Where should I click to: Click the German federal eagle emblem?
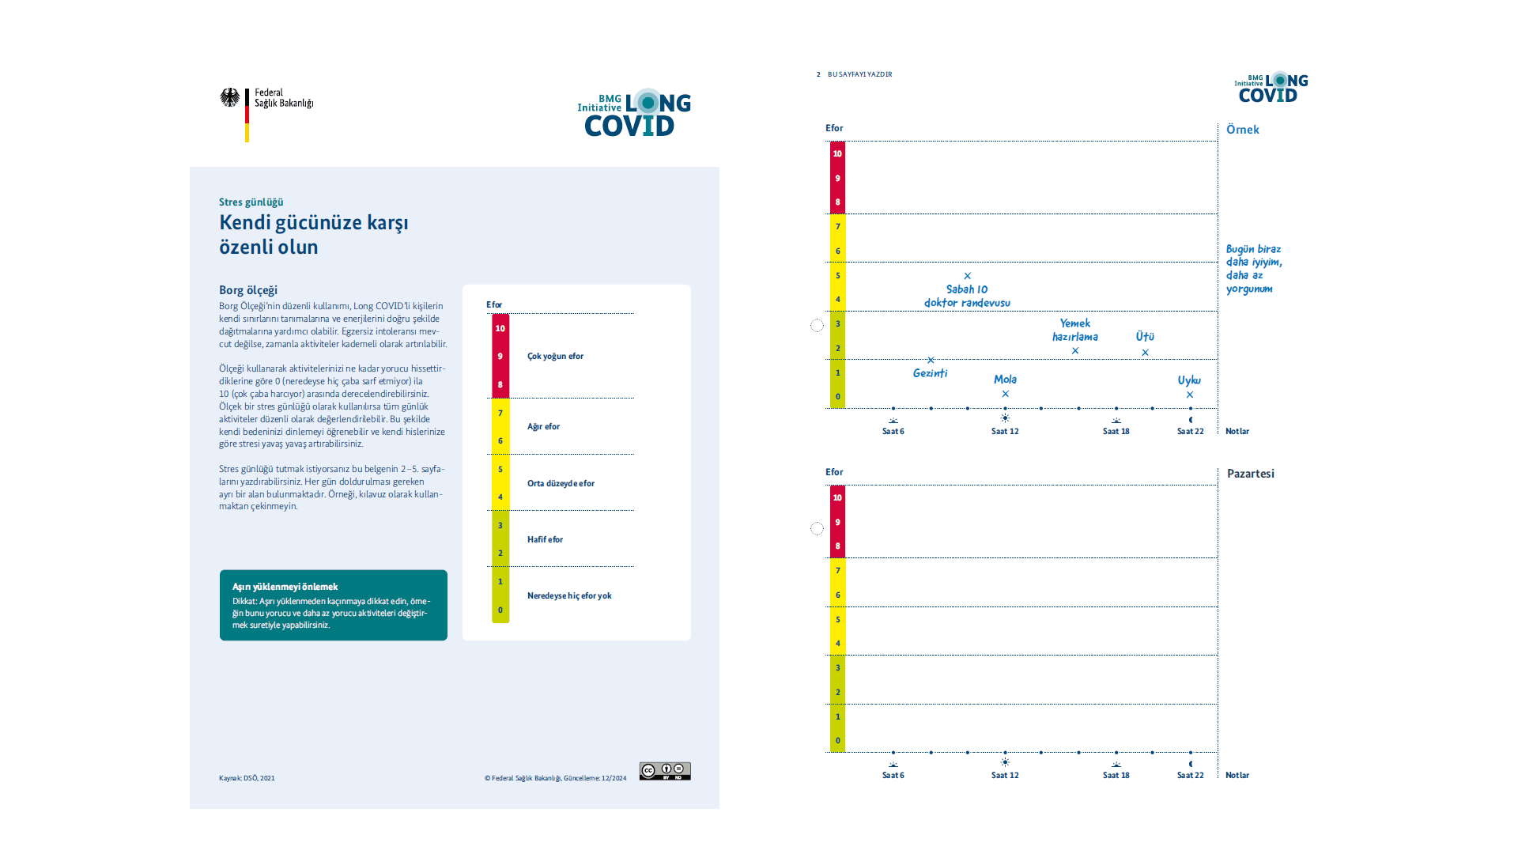229,98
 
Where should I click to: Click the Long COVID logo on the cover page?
634,113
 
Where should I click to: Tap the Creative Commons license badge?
665,771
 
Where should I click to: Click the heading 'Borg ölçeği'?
248,290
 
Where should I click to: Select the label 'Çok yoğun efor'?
555,357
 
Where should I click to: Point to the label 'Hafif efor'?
545,540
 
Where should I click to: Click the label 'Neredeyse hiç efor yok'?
569,596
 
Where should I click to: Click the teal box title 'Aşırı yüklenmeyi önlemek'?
285,587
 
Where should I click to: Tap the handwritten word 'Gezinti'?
930,373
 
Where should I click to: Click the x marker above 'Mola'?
1006,394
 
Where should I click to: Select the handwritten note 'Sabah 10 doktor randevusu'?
967,296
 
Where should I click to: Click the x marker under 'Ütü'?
1145,353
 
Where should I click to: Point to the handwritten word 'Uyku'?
1189,380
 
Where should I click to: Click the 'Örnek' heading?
1242,130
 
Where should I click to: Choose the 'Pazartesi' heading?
1250,474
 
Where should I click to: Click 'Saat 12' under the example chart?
1005,432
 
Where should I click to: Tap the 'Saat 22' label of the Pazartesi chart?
1190,776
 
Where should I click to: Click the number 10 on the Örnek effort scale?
837,153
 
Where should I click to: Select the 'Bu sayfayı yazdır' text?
859,74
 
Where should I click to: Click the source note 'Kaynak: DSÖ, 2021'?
247,778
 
